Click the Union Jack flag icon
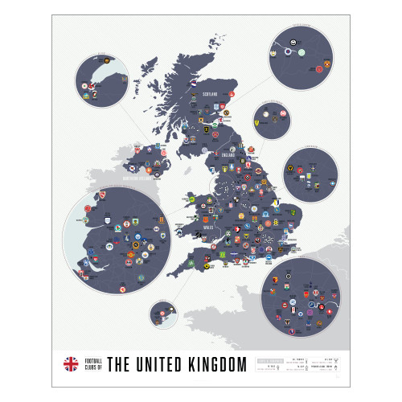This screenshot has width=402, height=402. [x=71, y=363]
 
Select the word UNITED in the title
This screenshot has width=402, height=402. [x=155, y=364]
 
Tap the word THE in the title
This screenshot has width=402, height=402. [x=118, y=364]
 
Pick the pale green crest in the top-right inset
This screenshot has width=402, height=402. [x=301, y=53]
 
